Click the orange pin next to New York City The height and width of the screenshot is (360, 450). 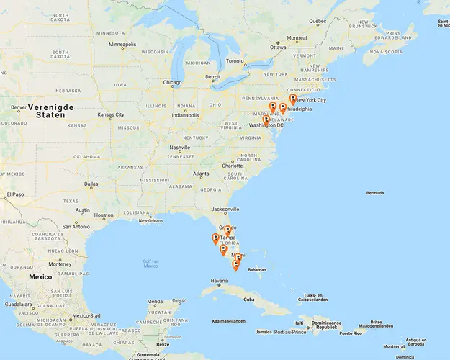[x=292, y=99]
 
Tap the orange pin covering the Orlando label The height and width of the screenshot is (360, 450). [x=228, y=230]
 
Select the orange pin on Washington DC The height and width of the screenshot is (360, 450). [x=266, y=120]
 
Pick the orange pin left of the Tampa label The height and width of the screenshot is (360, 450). [x=215, y=238]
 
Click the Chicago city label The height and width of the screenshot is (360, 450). [x=172, y=82]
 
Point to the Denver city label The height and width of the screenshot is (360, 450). [x=19, y=108]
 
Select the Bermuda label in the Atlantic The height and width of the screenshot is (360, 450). [x=375, y=193]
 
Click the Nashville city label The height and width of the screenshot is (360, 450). [x=179, y=148]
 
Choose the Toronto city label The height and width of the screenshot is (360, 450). [x=235, y=61]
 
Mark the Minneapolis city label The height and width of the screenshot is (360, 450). [x=122, y=45]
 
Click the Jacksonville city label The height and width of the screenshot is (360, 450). [x=225, y=209]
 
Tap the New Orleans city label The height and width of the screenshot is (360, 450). [x=151, y=220]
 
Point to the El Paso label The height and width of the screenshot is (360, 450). [x=15, y=194]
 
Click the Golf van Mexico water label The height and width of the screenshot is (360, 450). [x=150, y=264]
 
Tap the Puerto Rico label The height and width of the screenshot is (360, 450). [x=351, y=333]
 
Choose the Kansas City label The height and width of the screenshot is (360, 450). [x=111, y=114]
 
